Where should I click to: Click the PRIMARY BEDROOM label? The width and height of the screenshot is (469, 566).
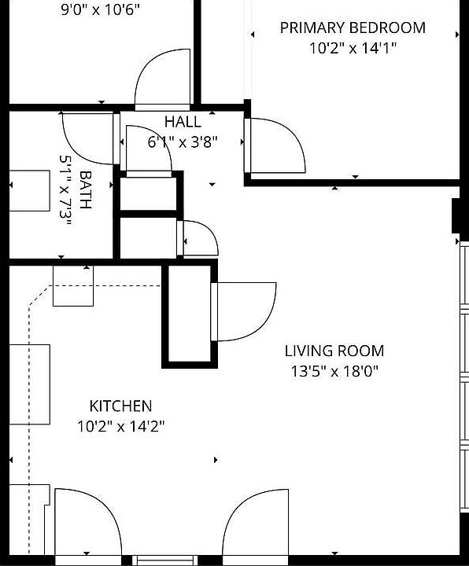click(353, 28)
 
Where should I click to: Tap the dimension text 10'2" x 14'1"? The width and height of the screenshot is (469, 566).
click(353, 48)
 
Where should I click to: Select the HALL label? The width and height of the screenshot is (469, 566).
click(183, 122)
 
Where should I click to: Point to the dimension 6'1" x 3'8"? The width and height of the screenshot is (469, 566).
click(183, 142)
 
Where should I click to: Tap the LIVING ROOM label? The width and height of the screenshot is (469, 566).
click(334, 351)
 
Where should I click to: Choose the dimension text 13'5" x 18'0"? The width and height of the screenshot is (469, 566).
click(334, 371)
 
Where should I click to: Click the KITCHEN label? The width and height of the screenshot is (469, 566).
click(120, 406)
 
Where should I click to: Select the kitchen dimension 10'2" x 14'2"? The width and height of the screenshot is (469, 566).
click(120, 426)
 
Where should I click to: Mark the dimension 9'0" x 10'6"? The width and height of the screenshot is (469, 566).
click(101, 11)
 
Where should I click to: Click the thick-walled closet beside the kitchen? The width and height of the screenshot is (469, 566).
click(188, 315)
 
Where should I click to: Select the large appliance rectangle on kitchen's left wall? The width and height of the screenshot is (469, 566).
click(30, 384)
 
